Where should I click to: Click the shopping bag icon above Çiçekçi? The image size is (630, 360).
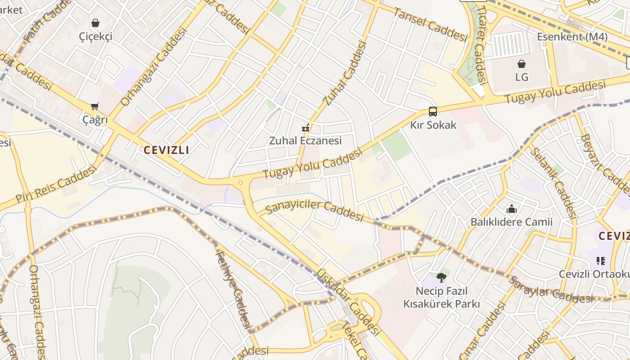coord(95,23)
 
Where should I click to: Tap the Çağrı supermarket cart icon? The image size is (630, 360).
coord(95,107)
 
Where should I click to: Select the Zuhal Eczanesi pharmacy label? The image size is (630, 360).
coord(305,140)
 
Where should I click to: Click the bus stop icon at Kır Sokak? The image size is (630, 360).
coord(432,112)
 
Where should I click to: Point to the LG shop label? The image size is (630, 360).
coord(522,77)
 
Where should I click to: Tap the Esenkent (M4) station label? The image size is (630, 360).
coord(572,37)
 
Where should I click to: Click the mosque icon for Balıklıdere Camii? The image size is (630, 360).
coord(511,209)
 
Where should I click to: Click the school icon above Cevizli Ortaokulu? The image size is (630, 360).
coord(600,261)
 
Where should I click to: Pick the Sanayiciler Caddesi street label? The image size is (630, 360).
coord(314,211)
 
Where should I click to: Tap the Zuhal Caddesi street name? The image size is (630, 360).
coord(345,73)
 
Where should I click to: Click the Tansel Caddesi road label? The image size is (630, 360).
coord(430,24)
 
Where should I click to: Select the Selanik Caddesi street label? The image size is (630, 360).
coord(553,182)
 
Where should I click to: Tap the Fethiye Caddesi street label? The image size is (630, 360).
coord(233,288)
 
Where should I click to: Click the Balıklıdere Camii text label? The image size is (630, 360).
coord(511,222)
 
